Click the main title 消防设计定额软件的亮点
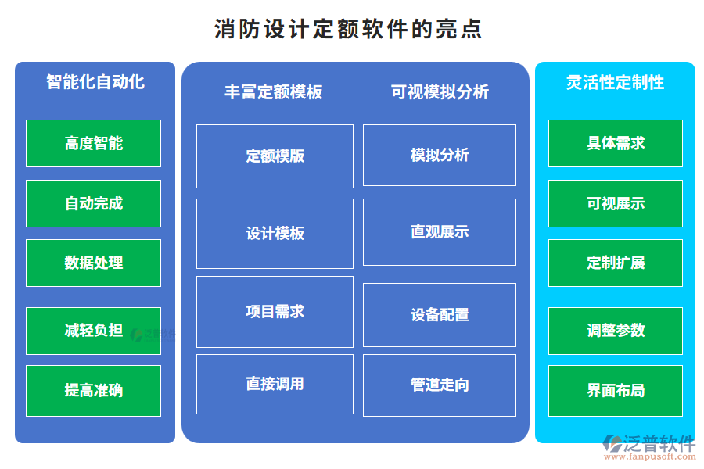348,29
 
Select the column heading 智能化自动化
95,82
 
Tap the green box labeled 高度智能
93,143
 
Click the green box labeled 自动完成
93,203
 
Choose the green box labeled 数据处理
93,263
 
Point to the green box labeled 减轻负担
93,330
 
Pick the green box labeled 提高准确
93,390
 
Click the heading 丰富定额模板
273,92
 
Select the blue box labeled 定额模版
275,156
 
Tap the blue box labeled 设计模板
275,233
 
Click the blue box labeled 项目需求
275,311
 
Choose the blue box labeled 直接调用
275,384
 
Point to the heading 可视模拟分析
440,92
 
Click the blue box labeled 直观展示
439,232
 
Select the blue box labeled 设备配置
439,314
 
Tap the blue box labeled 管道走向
439,385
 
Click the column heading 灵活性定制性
615,82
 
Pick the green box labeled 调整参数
615,330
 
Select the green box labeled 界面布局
615,390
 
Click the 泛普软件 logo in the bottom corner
648,446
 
